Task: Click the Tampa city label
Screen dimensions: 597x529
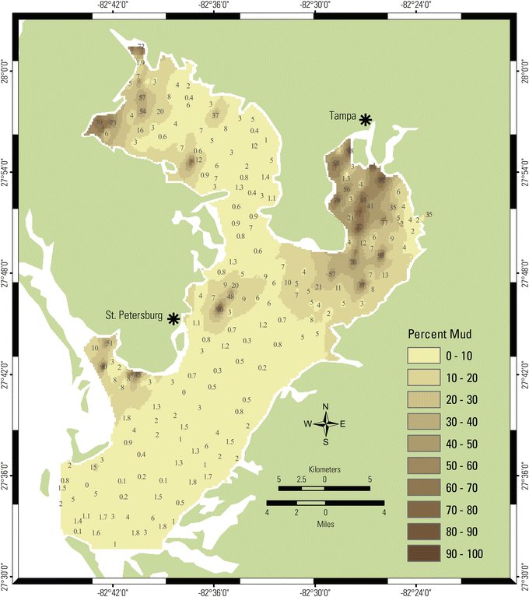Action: point(339,115)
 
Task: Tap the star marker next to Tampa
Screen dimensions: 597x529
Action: point(365,119)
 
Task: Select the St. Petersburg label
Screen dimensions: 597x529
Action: point(134,316)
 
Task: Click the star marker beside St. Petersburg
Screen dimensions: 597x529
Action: point(173,318)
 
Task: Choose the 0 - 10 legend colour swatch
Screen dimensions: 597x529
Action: point(425,356)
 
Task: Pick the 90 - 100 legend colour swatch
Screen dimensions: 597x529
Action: point(425,553)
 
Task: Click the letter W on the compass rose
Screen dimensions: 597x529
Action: point(308,424)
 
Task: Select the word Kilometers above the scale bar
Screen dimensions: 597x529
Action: point(324,471)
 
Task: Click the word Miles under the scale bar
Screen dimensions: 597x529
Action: point(324,523)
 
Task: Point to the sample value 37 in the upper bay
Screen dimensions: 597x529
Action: point(215,116)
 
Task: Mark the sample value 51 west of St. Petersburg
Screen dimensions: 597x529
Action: point(110,342)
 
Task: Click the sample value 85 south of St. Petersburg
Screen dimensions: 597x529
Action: point(137,375)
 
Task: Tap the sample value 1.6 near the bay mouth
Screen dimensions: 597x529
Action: point(96,532)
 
